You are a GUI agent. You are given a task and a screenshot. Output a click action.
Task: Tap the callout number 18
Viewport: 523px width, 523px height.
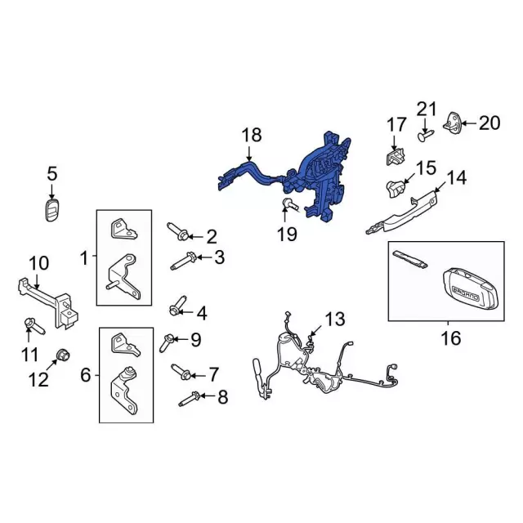252,136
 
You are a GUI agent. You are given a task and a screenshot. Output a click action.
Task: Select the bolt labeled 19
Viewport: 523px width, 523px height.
291,204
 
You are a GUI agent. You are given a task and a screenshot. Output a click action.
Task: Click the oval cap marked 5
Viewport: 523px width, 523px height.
51,211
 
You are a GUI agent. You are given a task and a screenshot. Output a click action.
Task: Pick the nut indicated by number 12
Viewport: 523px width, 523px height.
62,355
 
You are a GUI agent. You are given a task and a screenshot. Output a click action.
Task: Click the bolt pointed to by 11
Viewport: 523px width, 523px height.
34,326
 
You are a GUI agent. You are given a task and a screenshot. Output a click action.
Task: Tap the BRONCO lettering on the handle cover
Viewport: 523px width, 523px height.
465,293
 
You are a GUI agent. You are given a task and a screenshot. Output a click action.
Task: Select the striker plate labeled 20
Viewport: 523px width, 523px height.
453,123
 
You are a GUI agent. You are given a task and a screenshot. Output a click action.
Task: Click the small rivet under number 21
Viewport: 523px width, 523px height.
425,136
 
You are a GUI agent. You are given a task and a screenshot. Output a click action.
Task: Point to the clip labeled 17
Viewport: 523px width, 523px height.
395,156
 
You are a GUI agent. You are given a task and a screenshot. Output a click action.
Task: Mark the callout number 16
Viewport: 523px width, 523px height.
451,338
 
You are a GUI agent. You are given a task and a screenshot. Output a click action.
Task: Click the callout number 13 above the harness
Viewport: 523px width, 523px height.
335,320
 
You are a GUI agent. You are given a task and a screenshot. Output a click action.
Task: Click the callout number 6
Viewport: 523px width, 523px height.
86,375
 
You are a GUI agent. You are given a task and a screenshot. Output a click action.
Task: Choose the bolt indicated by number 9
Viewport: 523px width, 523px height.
166,342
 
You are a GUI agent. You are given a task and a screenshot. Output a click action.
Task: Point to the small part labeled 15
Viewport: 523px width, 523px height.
396,188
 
